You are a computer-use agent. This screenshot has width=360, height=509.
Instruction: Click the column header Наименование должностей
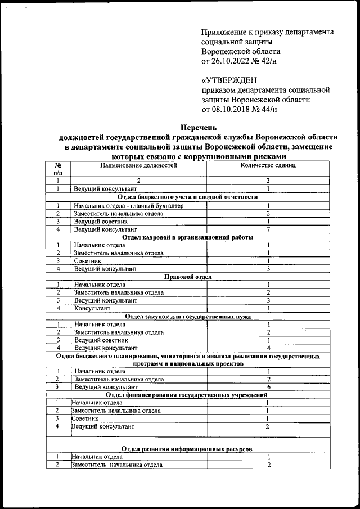click(x=138, y=165)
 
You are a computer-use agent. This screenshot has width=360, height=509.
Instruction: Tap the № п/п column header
click(x=57, y=169)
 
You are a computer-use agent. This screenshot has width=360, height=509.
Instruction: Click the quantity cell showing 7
click(x=268, y=229)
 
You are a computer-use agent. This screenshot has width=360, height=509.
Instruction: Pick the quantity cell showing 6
click(x=268, y=388)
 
